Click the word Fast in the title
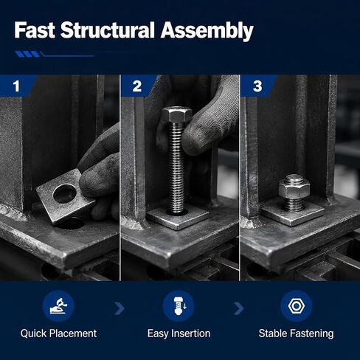(x=35, y=30)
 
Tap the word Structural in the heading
(x=108, y=30)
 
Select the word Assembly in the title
(x=207, y=32)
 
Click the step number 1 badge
(x=16, y=86)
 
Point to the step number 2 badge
(x=137, y=86)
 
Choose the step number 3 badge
(x=257, y=86)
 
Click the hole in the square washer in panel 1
(x=65, y=193)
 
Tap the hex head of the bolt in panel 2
(x=176, y=114)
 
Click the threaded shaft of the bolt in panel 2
(x=176, y=167)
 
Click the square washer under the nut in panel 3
(x=293, y=212)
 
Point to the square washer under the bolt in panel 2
(x=178, y=217)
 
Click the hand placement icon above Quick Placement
(x=58, y=306)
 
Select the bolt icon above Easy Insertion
(x=179, y=306)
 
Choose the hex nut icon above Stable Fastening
(x=297, y=306)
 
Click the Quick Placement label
(x=58, y=333)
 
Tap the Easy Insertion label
(x=179, y=333)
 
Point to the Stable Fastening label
(x=296, y=333)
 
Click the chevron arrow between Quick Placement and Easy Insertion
(x=120, y=308)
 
